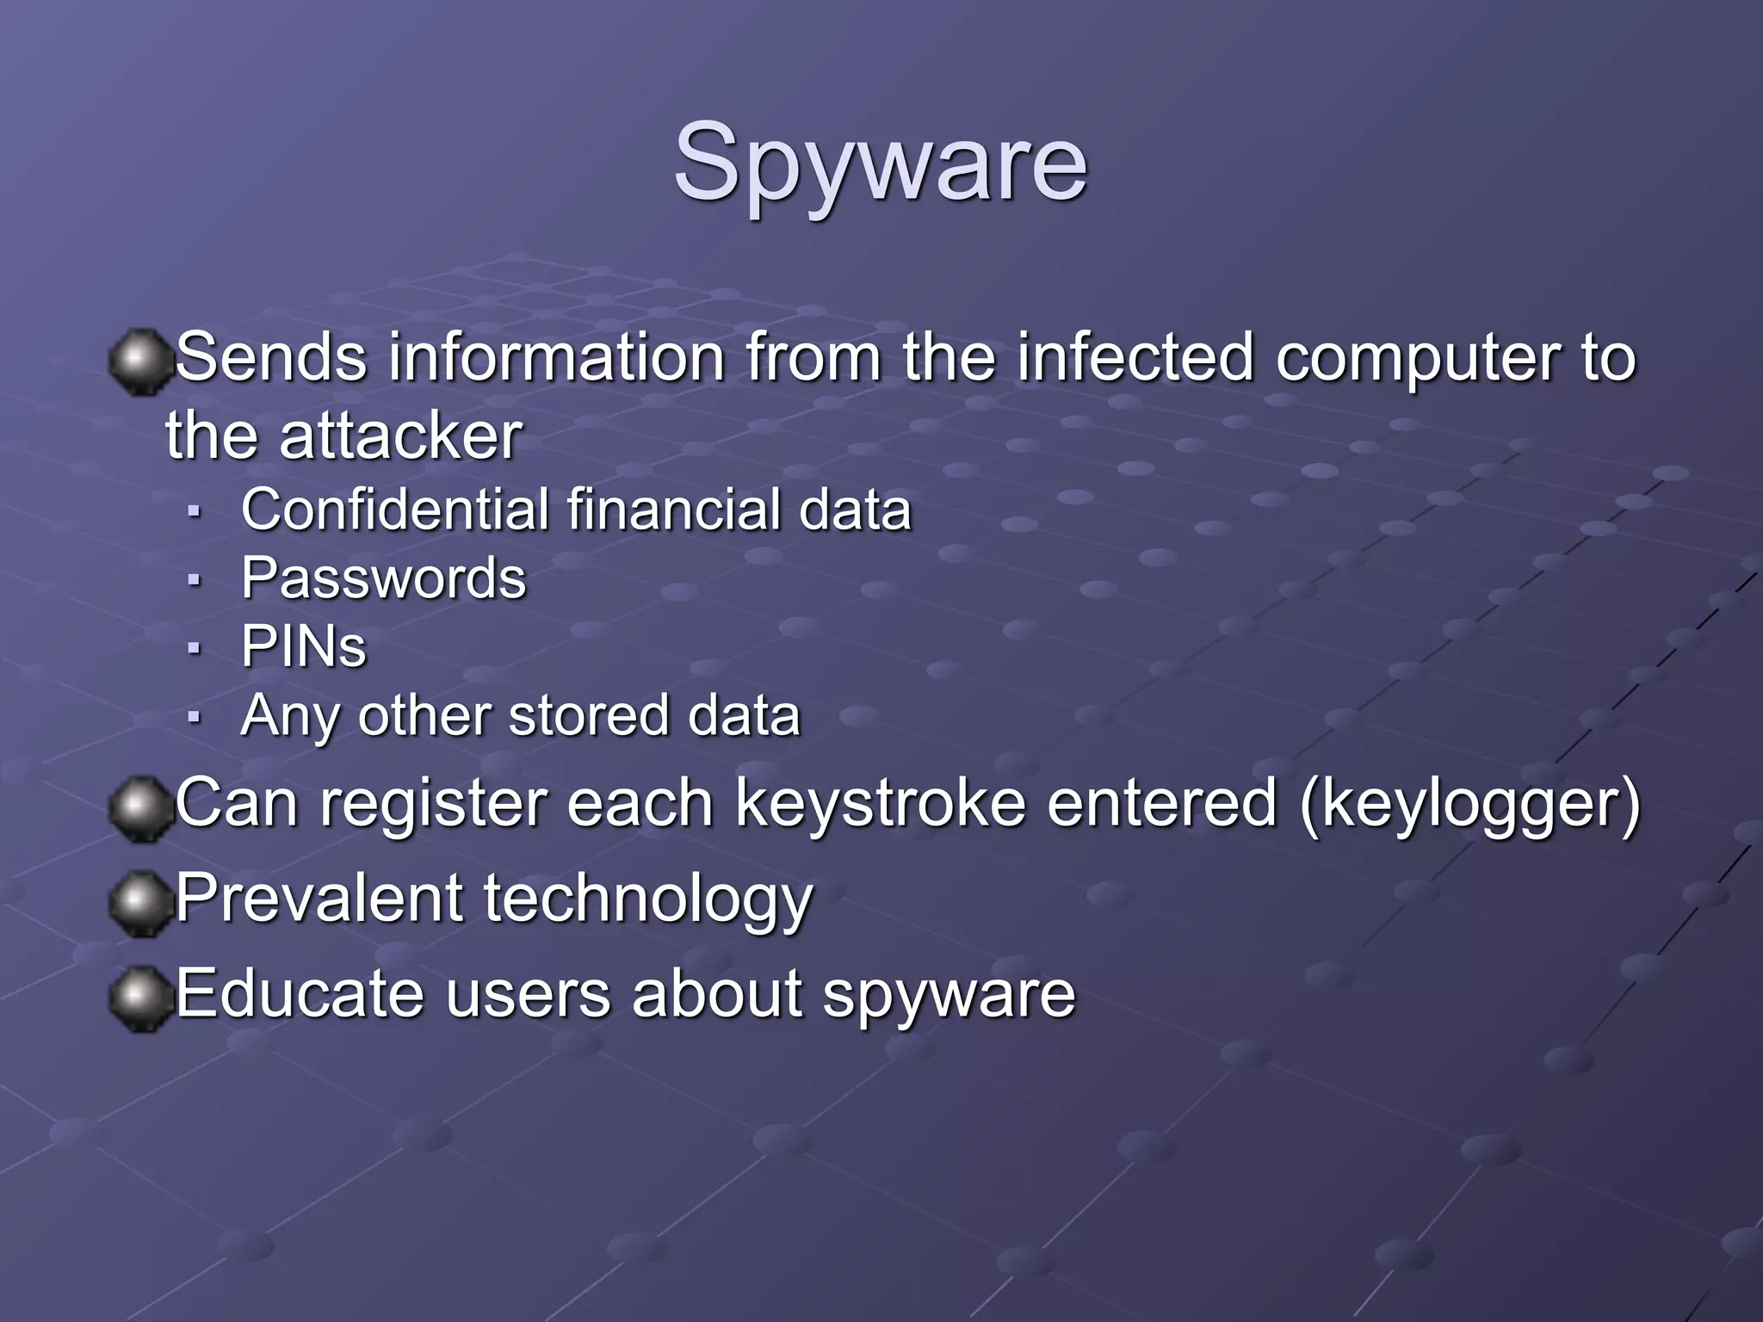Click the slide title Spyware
(880, 164)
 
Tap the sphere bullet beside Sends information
(139, 361)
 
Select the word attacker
(400, 436)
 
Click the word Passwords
(383, 578)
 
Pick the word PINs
(303, 646)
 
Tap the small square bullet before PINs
(195, 648)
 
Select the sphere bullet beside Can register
(139, 808)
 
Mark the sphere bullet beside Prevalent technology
(139, 904)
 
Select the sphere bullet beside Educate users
(139, 998)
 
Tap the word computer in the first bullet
(1417, 359)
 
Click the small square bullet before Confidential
(195, 511)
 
